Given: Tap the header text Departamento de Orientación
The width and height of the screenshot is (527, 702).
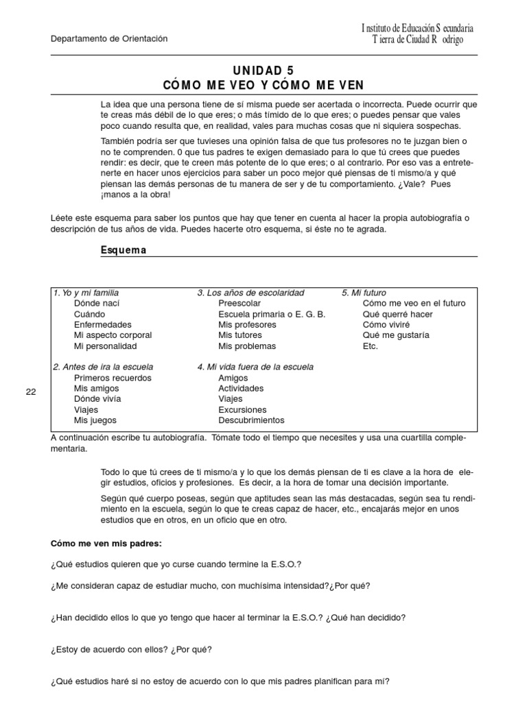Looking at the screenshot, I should pos(109,39).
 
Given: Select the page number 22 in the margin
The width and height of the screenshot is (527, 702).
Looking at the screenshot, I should pos(30,391).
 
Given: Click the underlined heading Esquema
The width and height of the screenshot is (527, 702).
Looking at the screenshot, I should pos(124,250).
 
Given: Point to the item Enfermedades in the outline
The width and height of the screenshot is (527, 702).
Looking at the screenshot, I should pos(103,324).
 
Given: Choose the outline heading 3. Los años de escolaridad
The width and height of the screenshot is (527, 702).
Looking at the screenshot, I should pos(250,293).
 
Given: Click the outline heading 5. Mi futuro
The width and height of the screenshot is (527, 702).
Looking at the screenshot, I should pos(364,293).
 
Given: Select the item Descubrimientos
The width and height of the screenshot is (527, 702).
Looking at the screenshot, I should pos(251,420).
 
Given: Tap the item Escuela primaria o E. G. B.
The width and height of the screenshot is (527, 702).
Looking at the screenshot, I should pos(272,314).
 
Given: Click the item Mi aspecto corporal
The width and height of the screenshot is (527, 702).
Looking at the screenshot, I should pos(113,335).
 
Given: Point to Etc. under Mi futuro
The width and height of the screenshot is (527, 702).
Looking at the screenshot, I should pos(370,346).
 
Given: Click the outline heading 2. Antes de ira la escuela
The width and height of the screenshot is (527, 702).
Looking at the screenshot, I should pos(103,367).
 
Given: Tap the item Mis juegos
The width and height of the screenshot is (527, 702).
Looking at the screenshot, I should pos(95,420).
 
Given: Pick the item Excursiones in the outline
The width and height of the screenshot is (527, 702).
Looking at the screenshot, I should pos(243,409).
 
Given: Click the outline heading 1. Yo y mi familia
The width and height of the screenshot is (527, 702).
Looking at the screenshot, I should pos(91,293).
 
